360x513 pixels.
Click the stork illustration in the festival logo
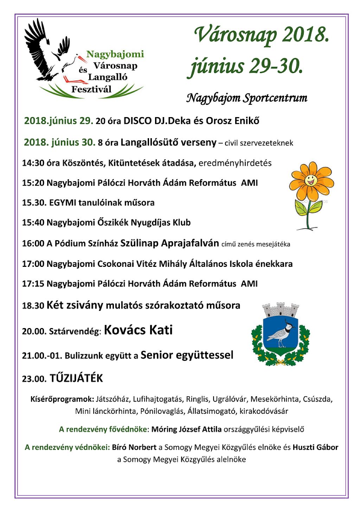click(49, 53)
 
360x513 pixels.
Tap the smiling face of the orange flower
click(310, 180)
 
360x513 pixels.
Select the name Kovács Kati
click(138, 330)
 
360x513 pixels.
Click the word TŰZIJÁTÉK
click(76, 378)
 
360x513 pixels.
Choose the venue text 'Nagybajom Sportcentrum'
click(246, 98)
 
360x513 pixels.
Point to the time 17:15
click(33, 284)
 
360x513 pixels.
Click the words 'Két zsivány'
click(75, 305)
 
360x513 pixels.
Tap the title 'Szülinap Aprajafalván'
click(169, 243)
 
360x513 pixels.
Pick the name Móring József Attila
click(186, 429)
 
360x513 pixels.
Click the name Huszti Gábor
click(315, 447)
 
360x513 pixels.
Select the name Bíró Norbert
click(134, 447)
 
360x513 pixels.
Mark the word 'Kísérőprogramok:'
click(62, 399)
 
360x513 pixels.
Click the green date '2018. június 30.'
click(59, 142)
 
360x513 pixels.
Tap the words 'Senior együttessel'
click(187, 355)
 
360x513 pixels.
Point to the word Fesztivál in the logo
click(91, 89)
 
